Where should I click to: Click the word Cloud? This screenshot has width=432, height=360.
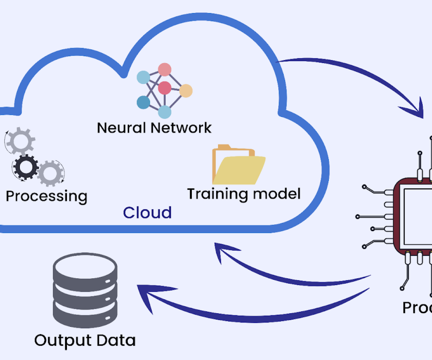pyautogui.click(x=147, y=213)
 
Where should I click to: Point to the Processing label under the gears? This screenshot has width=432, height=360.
pyautogui.click(x=46, y=197)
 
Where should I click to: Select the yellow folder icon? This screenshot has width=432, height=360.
pyautogui.click(x=238, y=166)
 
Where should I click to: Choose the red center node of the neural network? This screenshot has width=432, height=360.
pyautogui.click(x=165, y=87)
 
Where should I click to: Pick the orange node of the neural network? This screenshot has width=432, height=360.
pyautogui.click(x=186, y=91)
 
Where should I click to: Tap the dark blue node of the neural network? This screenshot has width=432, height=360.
pyautogui.click(x=143, y=103)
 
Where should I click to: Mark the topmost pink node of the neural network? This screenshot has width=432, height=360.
pyautogui.click(x=164, y=69)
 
